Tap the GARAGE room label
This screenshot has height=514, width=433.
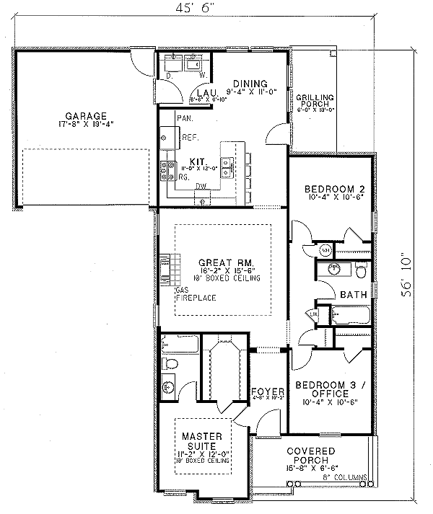coord(86,115)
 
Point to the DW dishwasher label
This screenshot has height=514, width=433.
coord(202,186)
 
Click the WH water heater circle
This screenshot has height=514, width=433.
coord(325,250)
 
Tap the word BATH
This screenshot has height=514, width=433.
coord(353,294)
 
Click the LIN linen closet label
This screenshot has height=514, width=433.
coord(314,314)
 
